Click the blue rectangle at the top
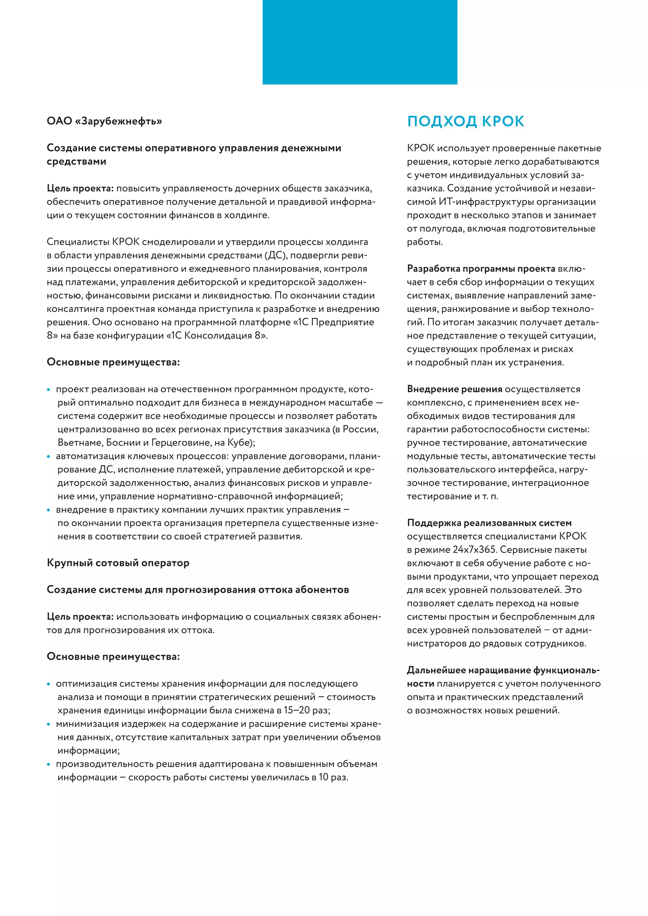click(x=359, y=42)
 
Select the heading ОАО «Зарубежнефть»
click(x=104, y=121)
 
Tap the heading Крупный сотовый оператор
click(x=118, y=563)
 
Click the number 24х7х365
click(x=474, y=550)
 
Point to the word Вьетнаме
click(x=80, y=443)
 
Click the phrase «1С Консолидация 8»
click(x=216, y=336)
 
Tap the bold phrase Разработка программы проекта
click(x=481, y=269)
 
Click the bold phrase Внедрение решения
click(x=454, y=389)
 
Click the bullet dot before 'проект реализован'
click(x=49, y=390)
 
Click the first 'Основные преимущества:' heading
click(x=113, y=362)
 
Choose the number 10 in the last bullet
click(x=324, y=777)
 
